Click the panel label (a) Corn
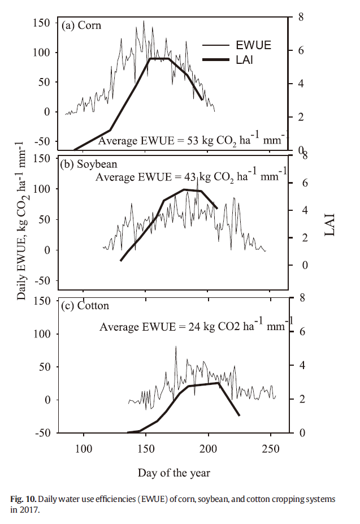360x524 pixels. coord(82,25)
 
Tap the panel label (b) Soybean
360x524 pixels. coord(89,164)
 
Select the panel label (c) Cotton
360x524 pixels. coord(85,306)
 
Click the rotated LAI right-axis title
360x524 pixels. coord(331,226)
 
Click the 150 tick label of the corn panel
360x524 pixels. coord(42,23)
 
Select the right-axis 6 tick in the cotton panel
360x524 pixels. coord(302,332)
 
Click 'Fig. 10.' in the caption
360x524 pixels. coord(24,500)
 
